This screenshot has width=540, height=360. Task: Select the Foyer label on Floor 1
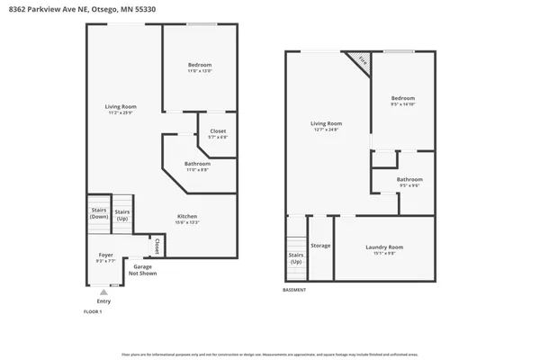[x=105, y=257]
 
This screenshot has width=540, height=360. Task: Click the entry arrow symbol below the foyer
[x=104, y=292]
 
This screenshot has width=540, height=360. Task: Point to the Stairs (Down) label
[x=99, y=214]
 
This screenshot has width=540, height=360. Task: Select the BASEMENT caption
[x=294, y=290]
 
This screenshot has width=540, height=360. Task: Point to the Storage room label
[x=320, y=245]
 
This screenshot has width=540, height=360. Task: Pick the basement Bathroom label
[x=409, y=182]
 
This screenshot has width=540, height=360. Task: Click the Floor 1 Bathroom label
[x=198, y=166]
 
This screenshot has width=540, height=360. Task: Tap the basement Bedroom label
[x=402, y=100]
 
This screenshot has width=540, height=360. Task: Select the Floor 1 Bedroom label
[x=200, y=67]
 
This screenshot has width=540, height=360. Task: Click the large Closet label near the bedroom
[x=218, y=133]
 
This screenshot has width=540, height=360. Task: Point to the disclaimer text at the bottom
[x=270, y=355]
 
